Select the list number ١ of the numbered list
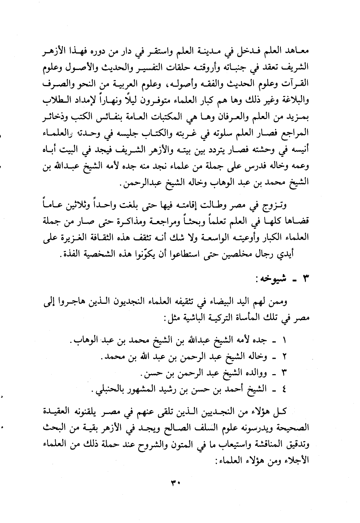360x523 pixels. point(285,342)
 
